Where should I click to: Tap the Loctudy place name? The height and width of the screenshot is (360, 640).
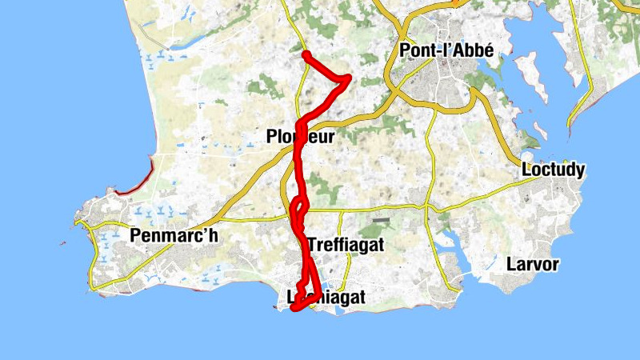coord(553,170)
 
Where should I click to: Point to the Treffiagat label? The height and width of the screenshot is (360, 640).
coord(346,246)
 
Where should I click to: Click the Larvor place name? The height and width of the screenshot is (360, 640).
coord(532,264)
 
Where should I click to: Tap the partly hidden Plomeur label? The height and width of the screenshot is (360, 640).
coord(300,138)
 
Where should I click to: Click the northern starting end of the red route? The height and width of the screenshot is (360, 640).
coord(306,54)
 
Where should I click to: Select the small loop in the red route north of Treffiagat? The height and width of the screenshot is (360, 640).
coord(297,209)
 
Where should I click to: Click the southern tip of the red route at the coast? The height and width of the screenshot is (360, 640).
coord(295,308)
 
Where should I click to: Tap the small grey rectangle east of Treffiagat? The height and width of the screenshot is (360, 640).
coord(382,220)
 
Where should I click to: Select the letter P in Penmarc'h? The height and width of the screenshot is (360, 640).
coord(134,236)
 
